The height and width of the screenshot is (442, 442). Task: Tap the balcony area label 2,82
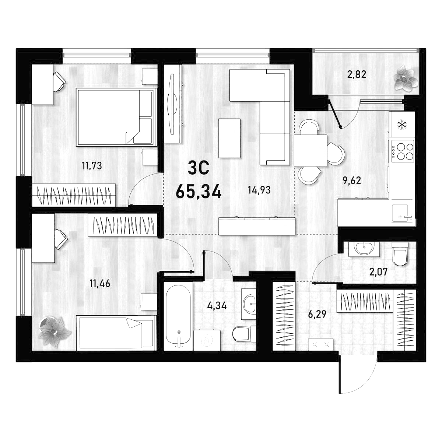coord(357,74)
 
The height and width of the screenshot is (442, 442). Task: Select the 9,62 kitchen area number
coord(352,181)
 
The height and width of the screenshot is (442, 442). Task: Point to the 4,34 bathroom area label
coord(217,305)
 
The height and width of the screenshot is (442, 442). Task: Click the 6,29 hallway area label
coord(317,314)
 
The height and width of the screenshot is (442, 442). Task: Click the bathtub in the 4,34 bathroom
coord(178,318)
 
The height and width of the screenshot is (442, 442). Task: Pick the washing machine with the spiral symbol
coord(207,340)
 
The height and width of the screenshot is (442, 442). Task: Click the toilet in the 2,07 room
coord(400,254)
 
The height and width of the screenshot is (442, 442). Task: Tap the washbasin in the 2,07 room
coord(364,249)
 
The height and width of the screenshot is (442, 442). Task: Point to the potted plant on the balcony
coord(405,79)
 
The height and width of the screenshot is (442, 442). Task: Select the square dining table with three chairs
coord(311,151)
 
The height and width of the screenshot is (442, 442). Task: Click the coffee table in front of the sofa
coord(229,138)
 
